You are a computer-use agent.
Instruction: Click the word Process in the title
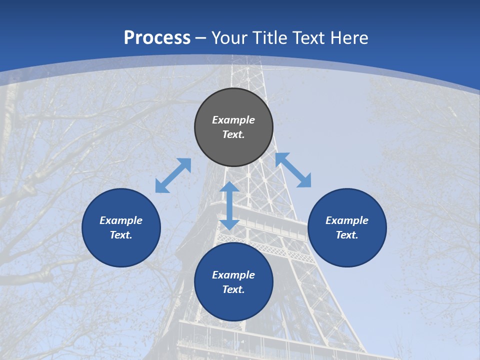(x=157, y=38)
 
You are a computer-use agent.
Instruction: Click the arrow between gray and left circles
(x=173, y=175)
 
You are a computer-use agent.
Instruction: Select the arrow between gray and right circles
(x=293, y=170)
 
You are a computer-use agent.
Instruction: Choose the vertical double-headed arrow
(x=229, y=205)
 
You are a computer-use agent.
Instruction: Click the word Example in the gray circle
(x=233, y=120)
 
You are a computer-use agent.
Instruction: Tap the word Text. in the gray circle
(x=233, y=134)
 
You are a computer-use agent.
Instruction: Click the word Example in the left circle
(x=121, y=220)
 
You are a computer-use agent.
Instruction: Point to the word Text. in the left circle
(x=121, y=235)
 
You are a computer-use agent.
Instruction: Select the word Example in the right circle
(x=347, y=220)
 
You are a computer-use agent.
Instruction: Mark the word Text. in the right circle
(x=347, y=235)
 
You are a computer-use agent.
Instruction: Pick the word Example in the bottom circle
(x=233, y=275)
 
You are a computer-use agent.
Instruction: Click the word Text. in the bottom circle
(x=233, y=289)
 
